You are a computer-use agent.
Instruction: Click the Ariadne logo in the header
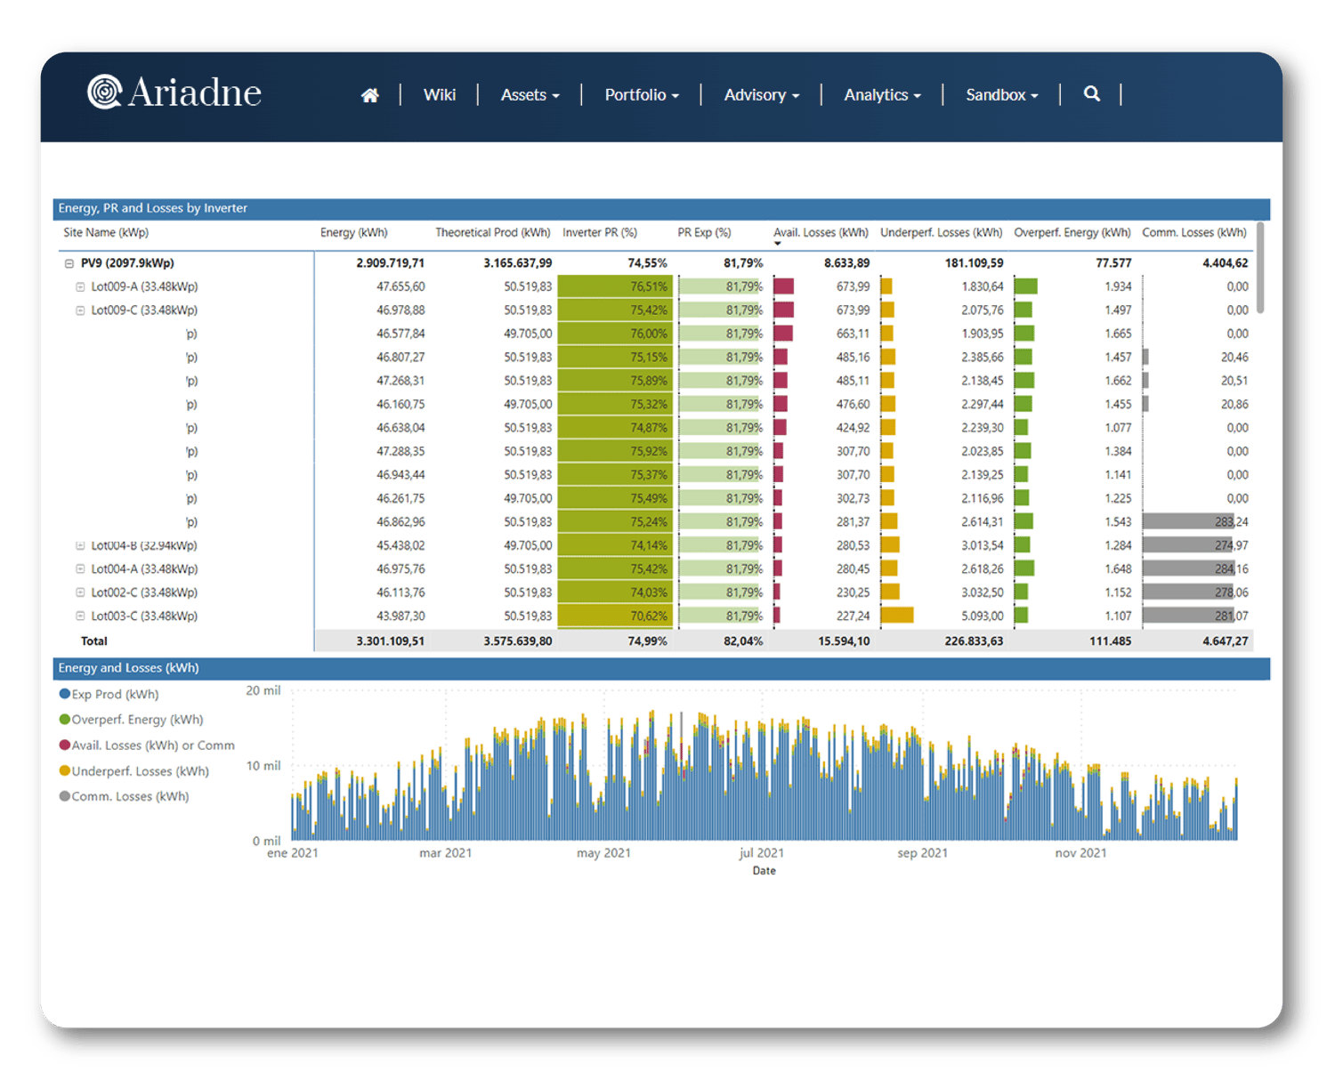[x=174, y=93]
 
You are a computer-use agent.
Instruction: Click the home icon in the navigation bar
[x=370, y=95]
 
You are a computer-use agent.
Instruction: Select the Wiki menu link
[x=440, y=95]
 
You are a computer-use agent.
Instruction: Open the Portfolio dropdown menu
[x=642, y=95]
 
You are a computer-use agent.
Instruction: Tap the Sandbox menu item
[x=1002, y=95]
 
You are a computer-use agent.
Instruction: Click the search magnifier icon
[x=1092, y=94]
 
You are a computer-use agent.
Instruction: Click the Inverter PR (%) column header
[x=600, y=233]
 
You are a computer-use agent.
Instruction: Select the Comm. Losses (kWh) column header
[x=1194, y=233]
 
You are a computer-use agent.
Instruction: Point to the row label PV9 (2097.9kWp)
[x=127, y=263]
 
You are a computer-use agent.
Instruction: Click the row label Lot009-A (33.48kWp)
[x=144, y=287]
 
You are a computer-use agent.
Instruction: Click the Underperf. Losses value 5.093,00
[x=983, y=616]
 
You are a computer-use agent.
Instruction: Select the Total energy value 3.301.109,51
[x=391, y=641]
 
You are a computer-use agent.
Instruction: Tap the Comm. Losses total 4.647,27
[x=1226, y=641]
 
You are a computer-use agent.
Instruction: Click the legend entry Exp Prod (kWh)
[x=115, y=695]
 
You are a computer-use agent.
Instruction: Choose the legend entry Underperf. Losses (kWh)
[x=140, y=771]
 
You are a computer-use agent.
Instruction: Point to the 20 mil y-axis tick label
[x=263, y=691]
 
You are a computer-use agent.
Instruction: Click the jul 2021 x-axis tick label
[x=762, y=853]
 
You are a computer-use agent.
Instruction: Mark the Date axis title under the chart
[x=764, y=871]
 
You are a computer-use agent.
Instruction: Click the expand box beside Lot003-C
[x=80, y=616]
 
